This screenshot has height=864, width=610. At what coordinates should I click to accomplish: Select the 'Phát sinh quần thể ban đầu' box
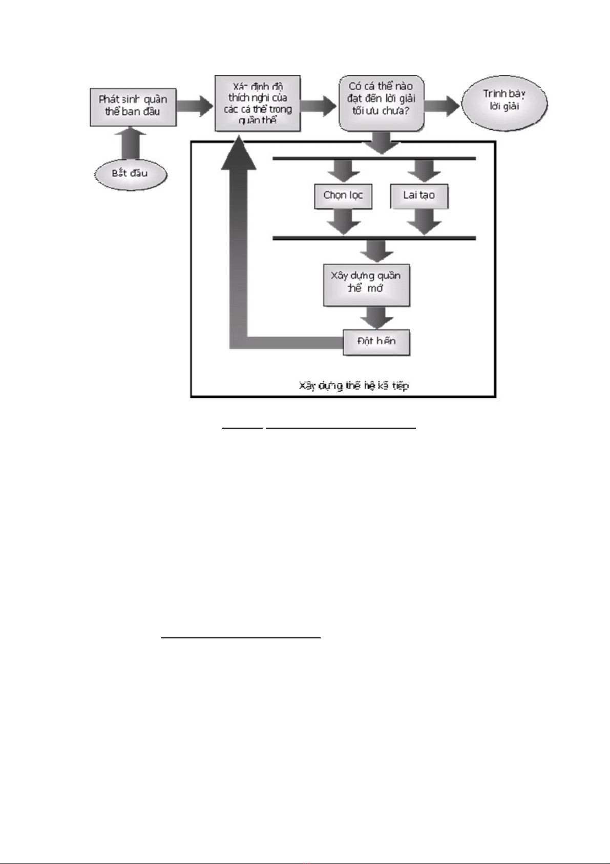pyautogui.click(x=133, y=106)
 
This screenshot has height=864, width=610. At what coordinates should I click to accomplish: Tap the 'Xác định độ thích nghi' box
pyautogui.click(x=257, y=103)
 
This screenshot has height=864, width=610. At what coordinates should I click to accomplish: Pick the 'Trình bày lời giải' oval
pyautogui.click(x=504, y=102)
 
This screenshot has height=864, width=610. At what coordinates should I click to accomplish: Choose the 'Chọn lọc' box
pyautogui.click(x=343, y=196)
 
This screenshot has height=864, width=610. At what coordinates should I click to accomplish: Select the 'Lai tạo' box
pyautogui.click(x=419, y=196)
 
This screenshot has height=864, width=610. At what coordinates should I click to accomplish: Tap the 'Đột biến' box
pyautogui.click(x=376, y=342)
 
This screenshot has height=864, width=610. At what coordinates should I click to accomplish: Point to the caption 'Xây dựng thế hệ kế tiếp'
pyautogui.click(x=353, y=386)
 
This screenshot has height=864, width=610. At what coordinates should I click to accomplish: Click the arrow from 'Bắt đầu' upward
pyautogui.click(x=131, y=144)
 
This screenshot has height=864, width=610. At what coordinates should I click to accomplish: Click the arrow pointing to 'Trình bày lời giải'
pyautogui.click(x=442, y=106)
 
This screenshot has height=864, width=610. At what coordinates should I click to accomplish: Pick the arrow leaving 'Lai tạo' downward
pyautogui.click(x=424, y=221)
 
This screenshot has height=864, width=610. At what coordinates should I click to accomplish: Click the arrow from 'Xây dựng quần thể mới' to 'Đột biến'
pyautogui.click(x=377, y=317)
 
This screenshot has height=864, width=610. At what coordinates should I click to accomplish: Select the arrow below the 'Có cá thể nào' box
pyautogui.click(x=382, y=143)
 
